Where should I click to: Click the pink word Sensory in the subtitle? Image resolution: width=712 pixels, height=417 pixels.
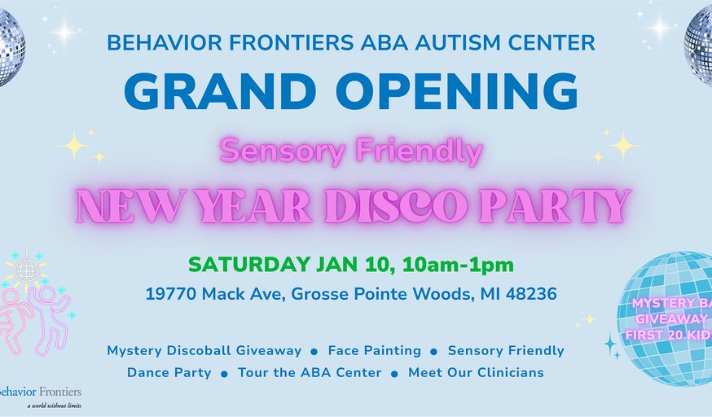pyautogui.click(x=272, y=150)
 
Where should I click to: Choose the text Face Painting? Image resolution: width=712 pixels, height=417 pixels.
pyautogui.click(x=374, y=351)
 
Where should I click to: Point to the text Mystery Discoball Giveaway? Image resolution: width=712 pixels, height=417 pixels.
pyautogui.click(x=204, y=351)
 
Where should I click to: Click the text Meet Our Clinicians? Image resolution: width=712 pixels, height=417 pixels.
pyautogui.click(x=476, y=373)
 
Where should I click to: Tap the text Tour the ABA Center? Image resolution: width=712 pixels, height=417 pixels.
pyautogui.click(x=310, y=373)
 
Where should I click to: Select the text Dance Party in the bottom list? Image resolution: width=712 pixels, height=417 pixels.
pyautogui.click(x=169, y=373)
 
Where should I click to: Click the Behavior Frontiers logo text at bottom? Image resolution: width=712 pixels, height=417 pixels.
pyautogui.click(x=41, y=391)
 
